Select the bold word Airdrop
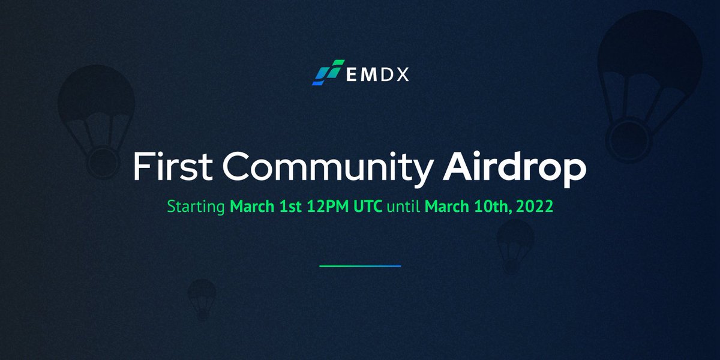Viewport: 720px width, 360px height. pyautogui.click(x=514, y=169)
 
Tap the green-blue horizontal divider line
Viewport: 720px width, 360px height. pyautogui.click(x=360, y=265)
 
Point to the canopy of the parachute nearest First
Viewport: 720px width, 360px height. pyautogui.click(x=96, y=96)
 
